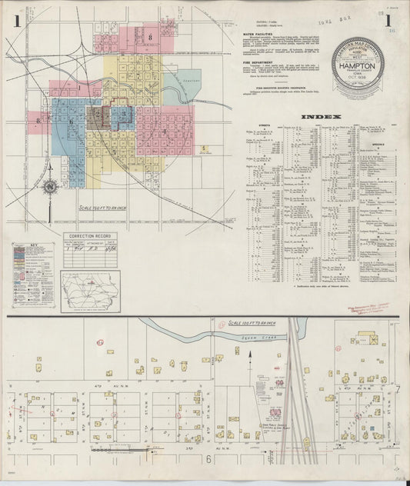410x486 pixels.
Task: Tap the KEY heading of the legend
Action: [x=32, y=247]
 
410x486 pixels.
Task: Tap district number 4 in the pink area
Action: [x=165, y=131]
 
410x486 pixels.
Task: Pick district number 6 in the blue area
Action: [x=71, y=121]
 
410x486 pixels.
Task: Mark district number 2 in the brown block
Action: [x=96, y=118]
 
